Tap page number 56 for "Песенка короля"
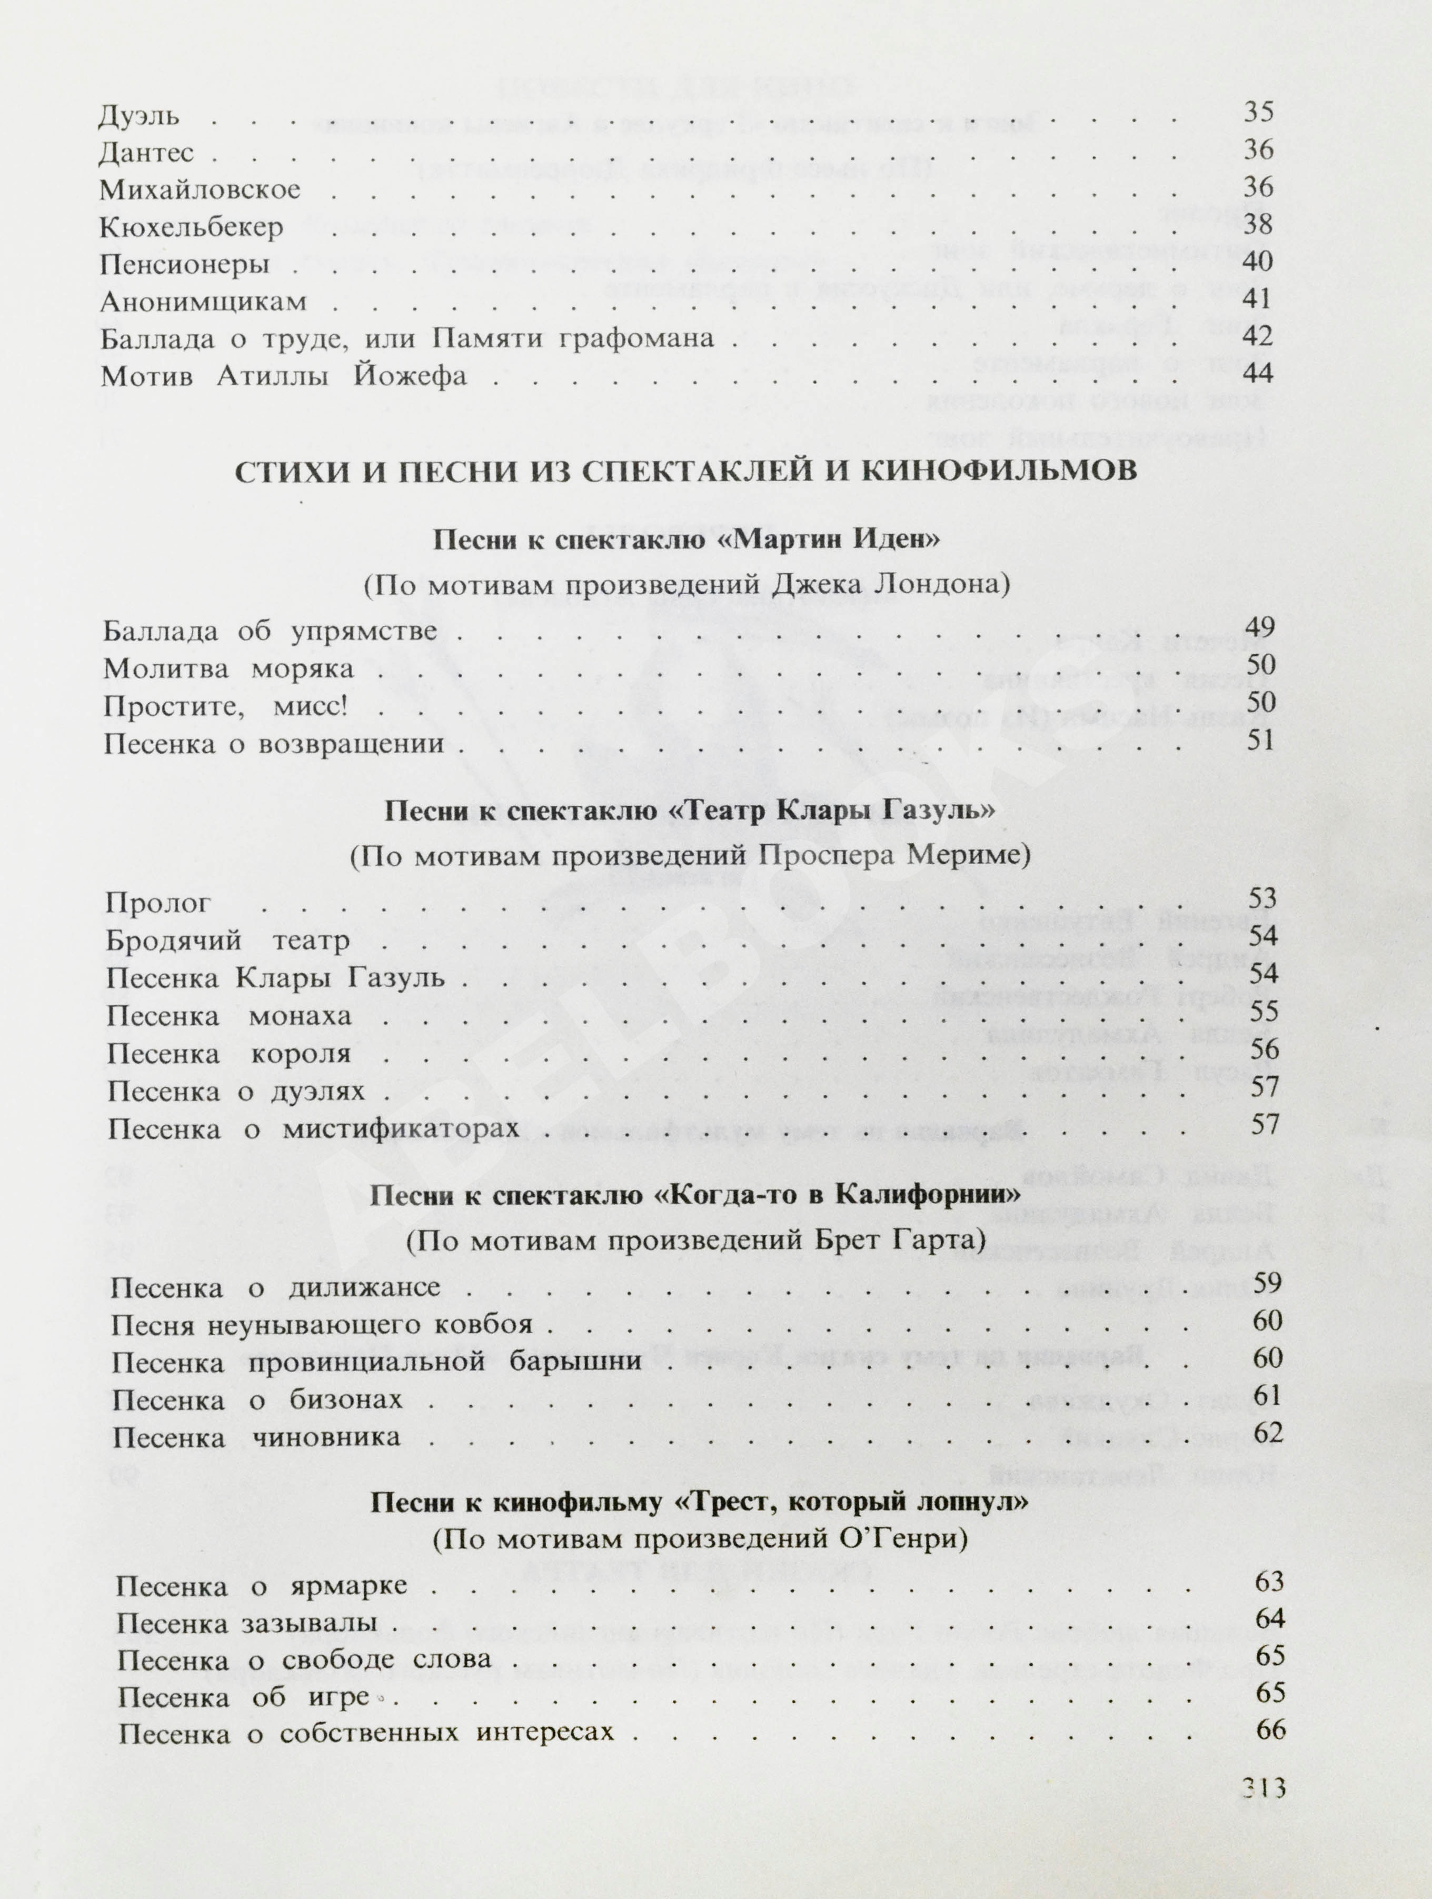click(1264, 1049)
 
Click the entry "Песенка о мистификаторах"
click(313, 1128)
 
